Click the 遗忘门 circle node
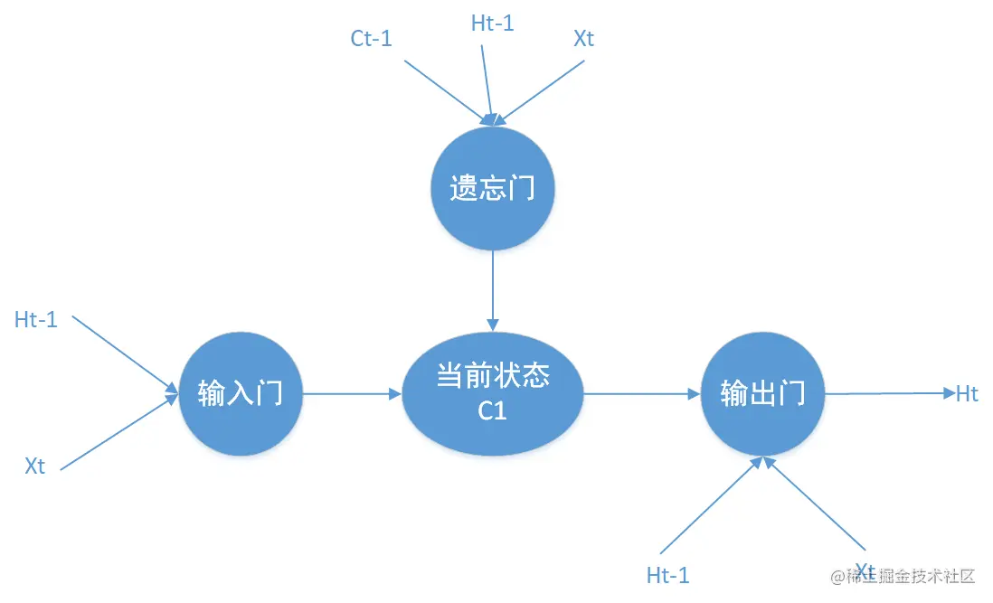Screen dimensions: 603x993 [x=492, y=188]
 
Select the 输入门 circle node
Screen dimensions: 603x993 [x=240, y=394]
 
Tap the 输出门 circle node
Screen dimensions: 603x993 [x=762, y=394]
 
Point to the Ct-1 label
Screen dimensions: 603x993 [x=371, y=38]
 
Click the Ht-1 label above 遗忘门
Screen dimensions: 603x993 [x=492, y=24]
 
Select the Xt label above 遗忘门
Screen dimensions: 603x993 [x=584, y=38]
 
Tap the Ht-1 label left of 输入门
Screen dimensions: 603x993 [x=36, y=319]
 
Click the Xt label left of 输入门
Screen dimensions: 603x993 [x=35, y=466]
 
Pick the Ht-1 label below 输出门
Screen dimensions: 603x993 [x=668, y=575]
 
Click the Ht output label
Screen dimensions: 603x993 [x=967, y=394]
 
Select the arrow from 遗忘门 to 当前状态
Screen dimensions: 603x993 [x=492, y=289]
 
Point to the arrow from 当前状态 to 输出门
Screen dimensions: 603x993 [x=642, y=394]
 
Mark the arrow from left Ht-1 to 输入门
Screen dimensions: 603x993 [x=125, y=354]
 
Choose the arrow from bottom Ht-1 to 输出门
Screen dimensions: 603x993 [x=711, y=508]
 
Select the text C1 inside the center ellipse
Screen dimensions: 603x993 [x=492, y=412]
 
